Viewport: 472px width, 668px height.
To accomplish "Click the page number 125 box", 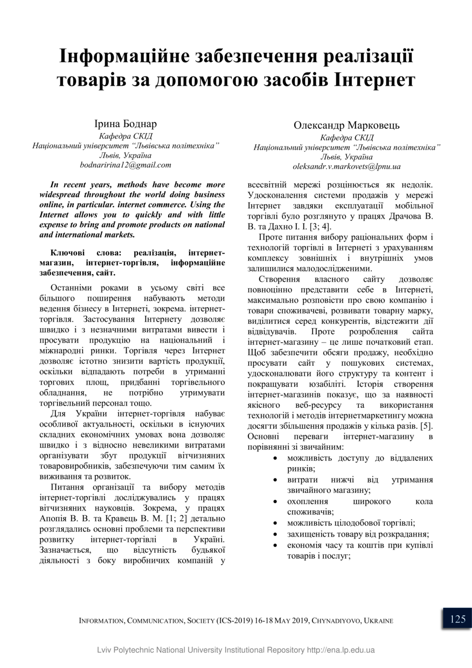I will pos(457,619).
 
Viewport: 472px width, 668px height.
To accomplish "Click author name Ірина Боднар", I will pos(126,124).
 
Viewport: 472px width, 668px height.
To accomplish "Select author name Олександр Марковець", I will pos(346,126).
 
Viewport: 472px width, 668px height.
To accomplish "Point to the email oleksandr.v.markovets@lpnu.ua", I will pos(346,167).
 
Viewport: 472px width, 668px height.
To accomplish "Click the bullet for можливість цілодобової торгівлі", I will pos(276,523).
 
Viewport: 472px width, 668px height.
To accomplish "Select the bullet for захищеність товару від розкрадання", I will pos(276,534).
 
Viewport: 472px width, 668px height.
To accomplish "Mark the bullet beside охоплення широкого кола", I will pos(276,502).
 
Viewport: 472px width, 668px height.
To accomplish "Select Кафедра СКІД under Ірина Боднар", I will pos(126,136).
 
